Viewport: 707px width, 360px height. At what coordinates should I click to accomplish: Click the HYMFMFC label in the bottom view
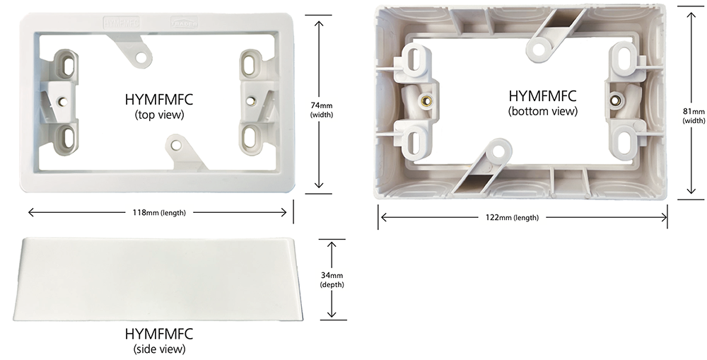pos(542,95)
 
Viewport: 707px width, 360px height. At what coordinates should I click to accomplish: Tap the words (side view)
pos(158,349)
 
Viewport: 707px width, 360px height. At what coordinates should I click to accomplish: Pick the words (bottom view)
pos(542,111)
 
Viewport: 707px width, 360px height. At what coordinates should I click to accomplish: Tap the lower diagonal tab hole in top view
pos(175,147)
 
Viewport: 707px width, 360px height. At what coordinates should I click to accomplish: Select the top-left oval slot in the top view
pos(67,66)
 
